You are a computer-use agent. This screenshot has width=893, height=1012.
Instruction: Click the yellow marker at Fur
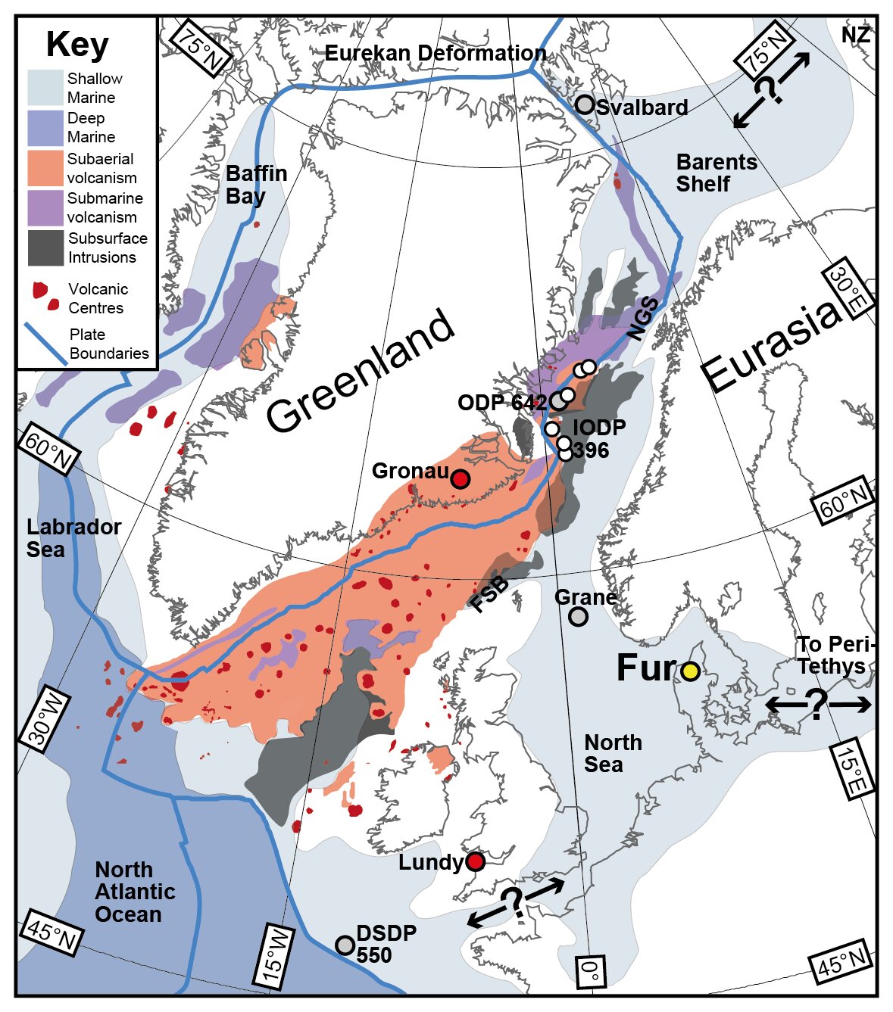(x=690, y=671)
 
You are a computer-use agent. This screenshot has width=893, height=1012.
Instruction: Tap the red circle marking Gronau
(x=460, y=479)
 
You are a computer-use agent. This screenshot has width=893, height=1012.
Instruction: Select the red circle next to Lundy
(x=475, y=861)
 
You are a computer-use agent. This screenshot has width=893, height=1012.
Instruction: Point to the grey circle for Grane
(x=578, y=616)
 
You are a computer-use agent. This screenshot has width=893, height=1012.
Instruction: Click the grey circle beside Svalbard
(x=585, y=105)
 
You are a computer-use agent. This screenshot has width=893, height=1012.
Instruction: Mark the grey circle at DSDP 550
(x=345, y=945)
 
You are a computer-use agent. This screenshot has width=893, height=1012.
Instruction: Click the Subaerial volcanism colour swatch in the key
(x=45, y=169)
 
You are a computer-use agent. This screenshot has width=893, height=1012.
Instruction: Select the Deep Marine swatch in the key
(x=45, y=128)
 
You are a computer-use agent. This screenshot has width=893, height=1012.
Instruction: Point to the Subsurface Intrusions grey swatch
(x=45, y=248)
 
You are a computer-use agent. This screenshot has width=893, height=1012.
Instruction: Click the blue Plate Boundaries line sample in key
(x=45, y=344)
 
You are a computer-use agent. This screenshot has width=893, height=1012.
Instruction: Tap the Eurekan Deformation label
(x=436, y=53)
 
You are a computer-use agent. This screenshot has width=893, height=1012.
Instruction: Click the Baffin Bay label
(x=256, y=185)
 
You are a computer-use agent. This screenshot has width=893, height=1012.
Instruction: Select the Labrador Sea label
(x=73, y=538)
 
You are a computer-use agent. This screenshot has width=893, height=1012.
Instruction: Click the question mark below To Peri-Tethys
(x=817, y=705)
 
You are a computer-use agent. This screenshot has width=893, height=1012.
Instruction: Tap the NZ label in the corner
(x=855, y=35)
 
